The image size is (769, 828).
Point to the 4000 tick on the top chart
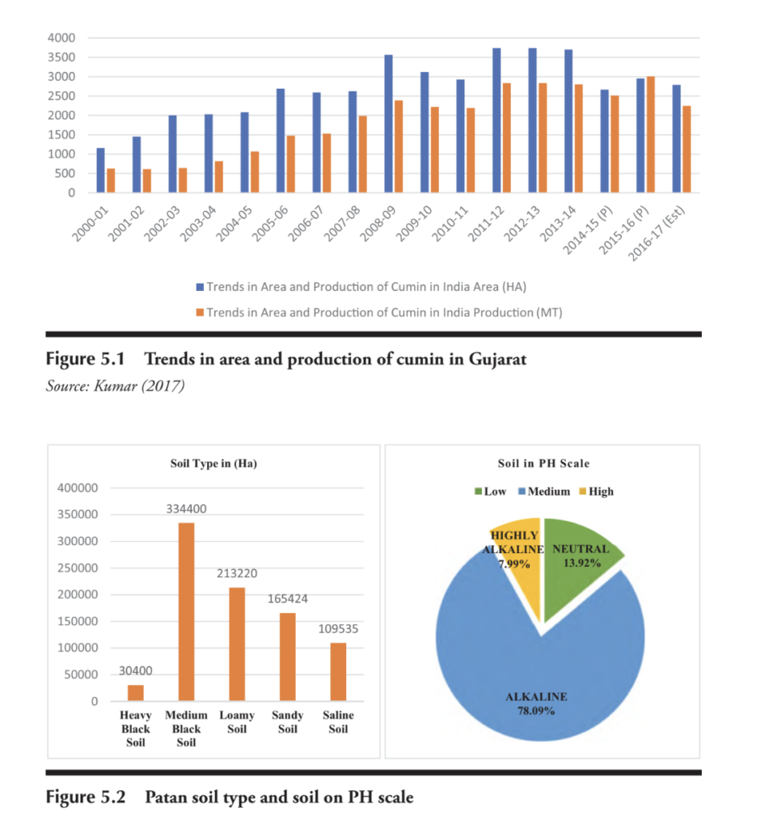click(x=61, y=38)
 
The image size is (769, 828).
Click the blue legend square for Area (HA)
click(x=199, y=286)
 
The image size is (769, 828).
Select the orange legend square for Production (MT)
click(x=199, y=311)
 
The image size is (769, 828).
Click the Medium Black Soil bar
click(x=186, y=611)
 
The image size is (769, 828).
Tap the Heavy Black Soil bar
click(x=136, y=693)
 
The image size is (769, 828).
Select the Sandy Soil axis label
click(x=287, y=722)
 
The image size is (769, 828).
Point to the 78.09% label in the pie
click(x=536, y=711)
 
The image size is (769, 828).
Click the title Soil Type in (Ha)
click(x=213, y=463)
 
